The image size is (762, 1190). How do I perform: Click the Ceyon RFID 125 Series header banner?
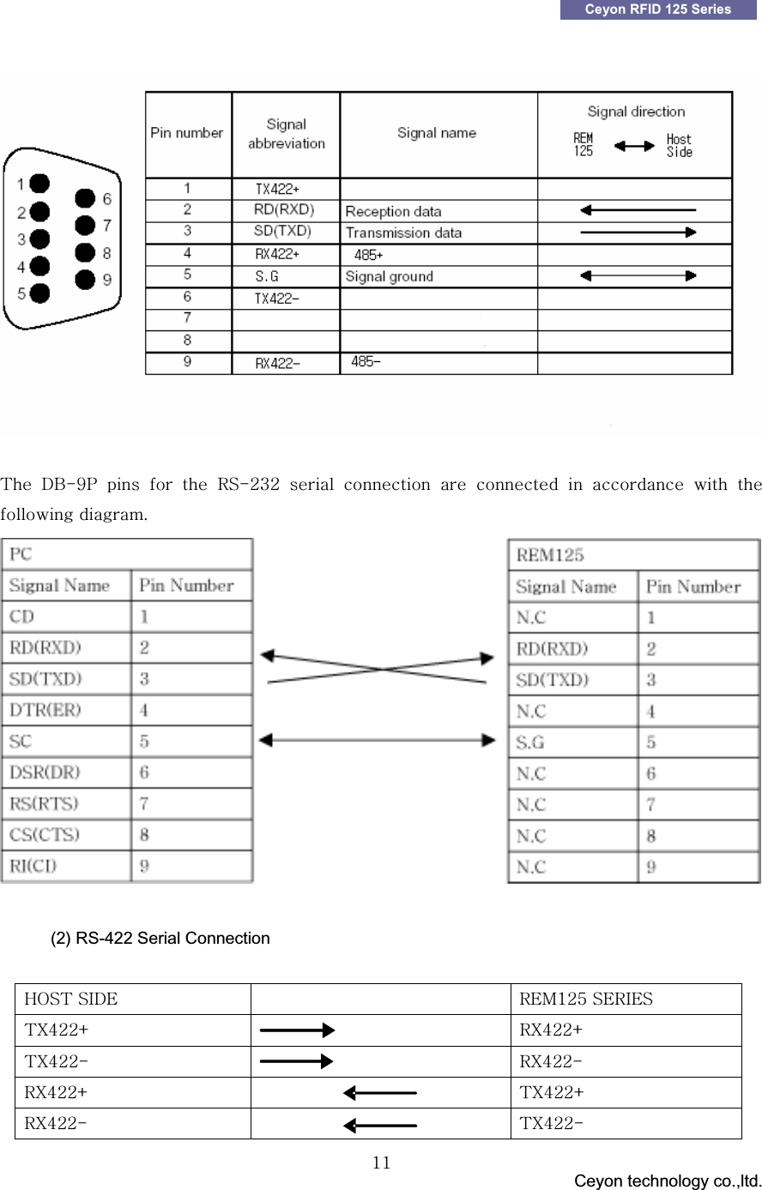point(658,9)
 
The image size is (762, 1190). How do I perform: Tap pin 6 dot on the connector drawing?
point(84,199)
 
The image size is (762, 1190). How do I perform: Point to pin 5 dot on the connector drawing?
point(39,293)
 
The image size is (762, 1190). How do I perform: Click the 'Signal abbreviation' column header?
point(286,134)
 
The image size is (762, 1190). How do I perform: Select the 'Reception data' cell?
point(393,211)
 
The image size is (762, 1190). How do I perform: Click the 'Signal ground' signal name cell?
point(389,276)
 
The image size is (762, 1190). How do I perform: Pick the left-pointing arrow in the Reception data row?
point(637,210)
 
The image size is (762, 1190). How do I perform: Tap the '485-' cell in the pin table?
point(366,362)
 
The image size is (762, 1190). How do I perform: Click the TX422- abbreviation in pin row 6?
point(277,299)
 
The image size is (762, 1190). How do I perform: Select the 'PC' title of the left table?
point(21,554)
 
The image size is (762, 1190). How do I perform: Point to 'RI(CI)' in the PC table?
point(33,866)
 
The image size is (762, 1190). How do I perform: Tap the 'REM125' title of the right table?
point(550,555)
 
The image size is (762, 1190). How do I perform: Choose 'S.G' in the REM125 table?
point(530,742)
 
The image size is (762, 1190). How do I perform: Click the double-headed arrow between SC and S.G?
point(378,740)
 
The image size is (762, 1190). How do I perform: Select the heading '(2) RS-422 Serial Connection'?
point(160,938)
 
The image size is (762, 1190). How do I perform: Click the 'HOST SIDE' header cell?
point(71,999)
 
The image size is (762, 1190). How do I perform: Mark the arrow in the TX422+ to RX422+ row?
point(297,1030)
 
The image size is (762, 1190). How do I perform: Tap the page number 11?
point(382,1163)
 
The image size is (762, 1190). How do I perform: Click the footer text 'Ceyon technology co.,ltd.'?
point(667,1181)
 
